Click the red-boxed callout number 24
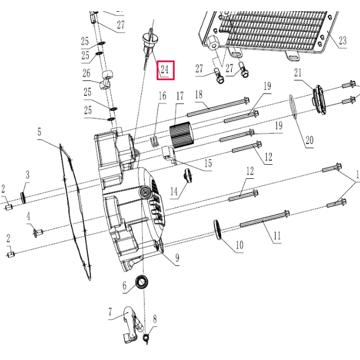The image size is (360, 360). [165, 70]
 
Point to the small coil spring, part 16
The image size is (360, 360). [155, 140]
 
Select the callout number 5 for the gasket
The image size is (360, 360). [39, 133]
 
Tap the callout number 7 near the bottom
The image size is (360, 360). [111, 311]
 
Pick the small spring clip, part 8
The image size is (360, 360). [148, 337]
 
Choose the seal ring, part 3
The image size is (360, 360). [24, 196]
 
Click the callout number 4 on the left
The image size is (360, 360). [28, 217]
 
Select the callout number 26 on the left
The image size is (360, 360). [86, 73]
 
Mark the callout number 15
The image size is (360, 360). [208, 164]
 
